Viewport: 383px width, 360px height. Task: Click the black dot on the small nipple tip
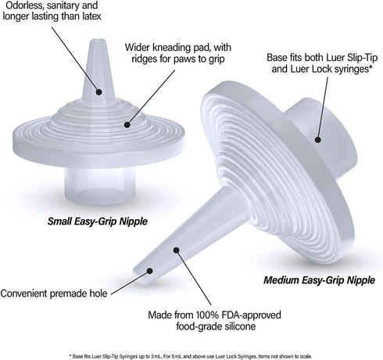click(x=98, y=92)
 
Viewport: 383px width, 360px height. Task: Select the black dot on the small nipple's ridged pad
click(x=127, y=124)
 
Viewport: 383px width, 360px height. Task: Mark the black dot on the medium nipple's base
click(x=317, y=139)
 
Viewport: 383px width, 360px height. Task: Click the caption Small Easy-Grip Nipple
click(x=98, y=221)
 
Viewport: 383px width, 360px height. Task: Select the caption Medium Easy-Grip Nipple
click(x=319, y=280)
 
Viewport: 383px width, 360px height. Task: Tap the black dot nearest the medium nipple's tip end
click(x=149, y=271)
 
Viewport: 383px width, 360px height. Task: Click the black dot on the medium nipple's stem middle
click(x=177, y=250)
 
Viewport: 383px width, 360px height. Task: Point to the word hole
click(x=98, y=293)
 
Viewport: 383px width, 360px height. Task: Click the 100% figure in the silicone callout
click(x=206, y=315)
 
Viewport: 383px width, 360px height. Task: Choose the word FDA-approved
click(x=251, y=315)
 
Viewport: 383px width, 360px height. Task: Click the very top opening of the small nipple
click(x=98, y=41)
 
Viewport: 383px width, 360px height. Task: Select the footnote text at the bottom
click(x=191, y=356)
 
